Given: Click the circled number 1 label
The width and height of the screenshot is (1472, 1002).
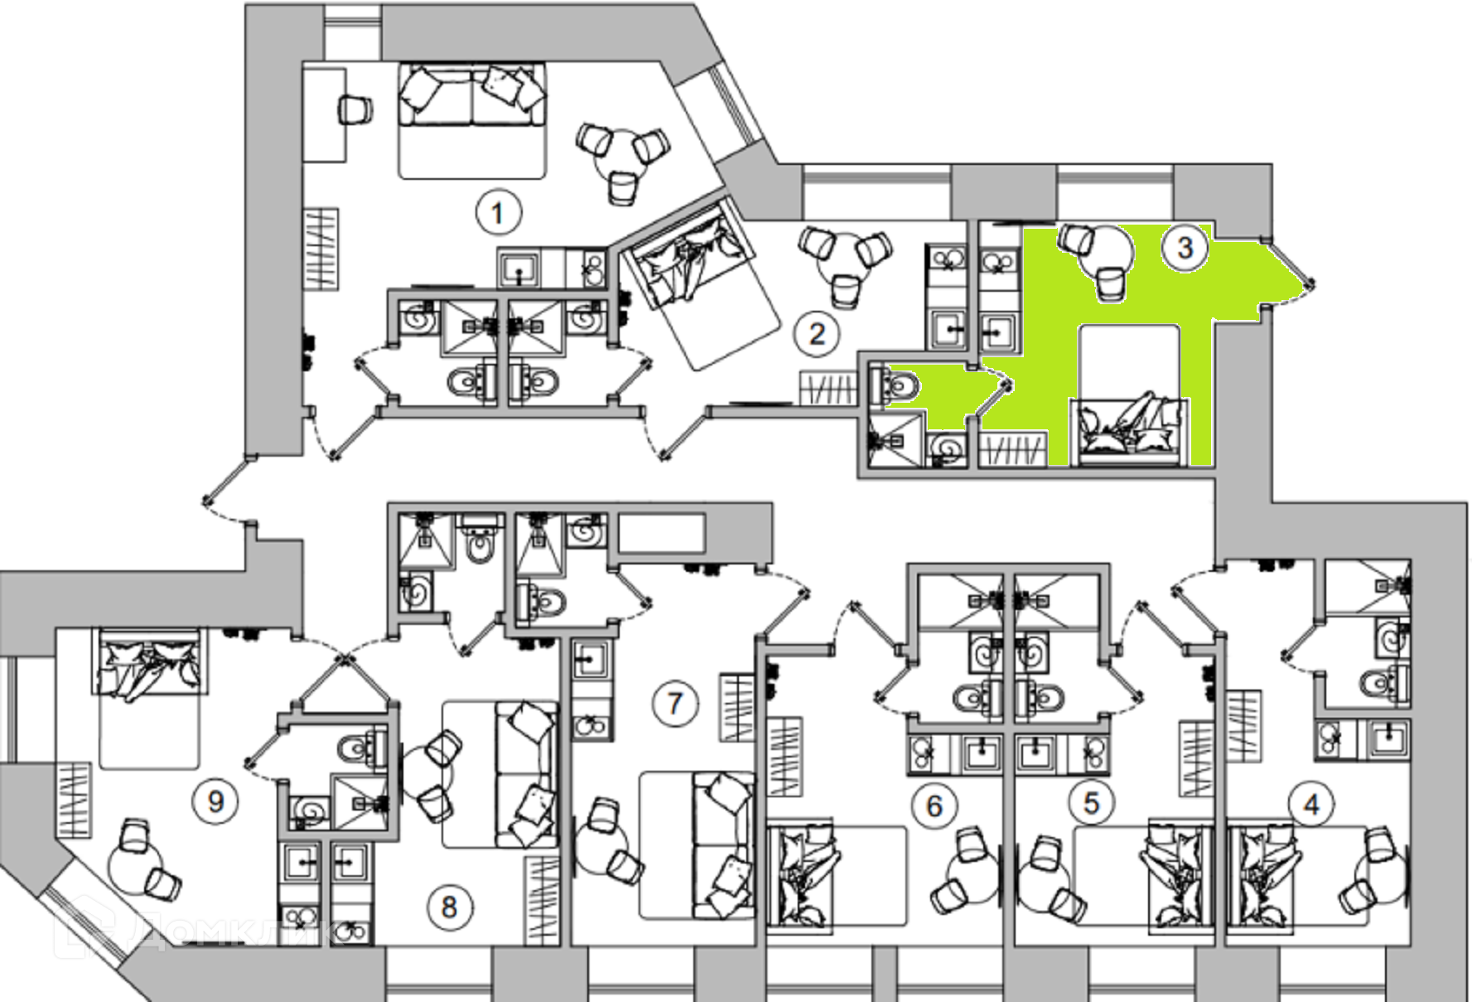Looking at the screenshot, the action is click(x=498, y=213).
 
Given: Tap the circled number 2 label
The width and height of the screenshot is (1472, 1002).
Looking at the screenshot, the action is click(x=817, y=334).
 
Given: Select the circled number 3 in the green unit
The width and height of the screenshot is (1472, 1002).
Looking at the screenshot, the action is click(x=1185, y=247).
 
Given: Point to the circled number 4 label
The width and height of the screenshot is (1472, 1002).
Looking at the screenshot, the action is click(x=1311, y=804).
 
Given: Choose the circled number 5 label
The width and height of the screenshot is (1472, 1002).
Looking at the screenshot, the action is click(x=1091, y=802).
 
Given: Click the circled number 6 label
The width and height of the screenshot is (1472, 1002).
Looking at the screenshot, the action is click(x=934, y=806).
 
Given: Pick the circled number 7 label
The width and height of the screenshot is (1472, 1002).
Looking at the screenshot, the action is click(x=675, y=704).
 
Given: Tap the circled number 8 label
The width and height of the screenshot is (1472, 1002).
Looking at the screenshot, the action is click(x=449, y=907).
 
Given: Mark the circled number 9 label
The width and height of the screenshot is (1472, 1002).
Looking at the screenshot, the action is click(x=215, y=801).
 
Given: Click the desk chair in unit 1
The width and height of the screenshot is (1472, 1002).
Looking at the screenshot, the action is click(x=355, y=109).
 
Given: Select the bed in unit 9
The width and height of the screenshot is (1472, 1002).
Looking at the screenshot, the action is click(x=149, y=696).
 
